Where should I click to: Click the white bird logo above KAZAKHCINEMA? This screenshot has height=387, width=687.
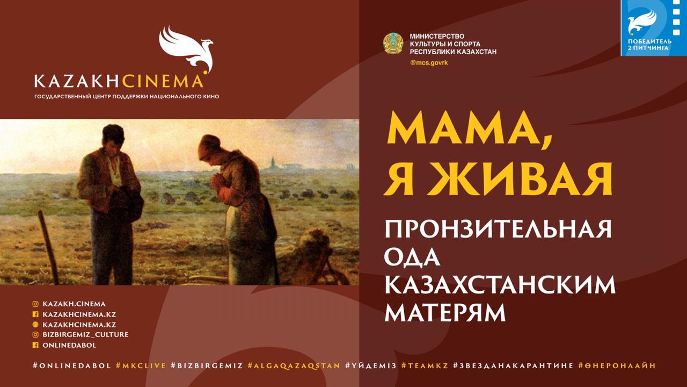click(186, 49)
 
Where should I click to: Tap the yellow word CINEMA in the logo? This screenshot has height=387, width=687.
click(163, 81)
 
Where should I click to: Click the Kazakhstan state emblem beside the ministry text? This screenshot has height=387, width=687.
click(393, 44)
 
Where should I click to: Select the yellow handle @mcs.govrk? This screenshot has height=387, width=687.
click(429, 63)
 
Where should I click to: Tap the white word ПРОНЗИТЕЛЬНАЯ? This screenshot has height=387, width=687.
click(498, 229)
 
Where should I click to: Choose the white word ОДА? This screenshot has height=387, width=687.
click(412, 257)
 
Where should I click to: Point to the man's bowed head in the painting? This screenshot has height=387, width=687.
click(113, 137)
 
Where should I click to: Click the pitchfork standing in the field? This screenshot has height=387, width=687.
click(48, 247)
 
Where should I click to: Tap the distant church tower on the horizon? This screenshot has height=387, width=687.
click(273, 163)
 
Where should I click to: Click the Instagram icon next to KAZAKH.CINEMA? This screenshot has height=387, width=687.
click(35, 304)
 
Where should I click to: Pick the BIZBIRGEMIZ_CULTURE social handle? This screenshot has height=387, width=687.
click(81, 334)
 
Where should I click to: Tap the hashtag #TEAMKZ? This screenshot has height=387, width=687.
click(425, 366)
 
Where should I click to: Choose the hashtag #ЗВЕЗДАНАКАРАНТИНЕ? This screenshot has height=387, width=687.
click(513, 366)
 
